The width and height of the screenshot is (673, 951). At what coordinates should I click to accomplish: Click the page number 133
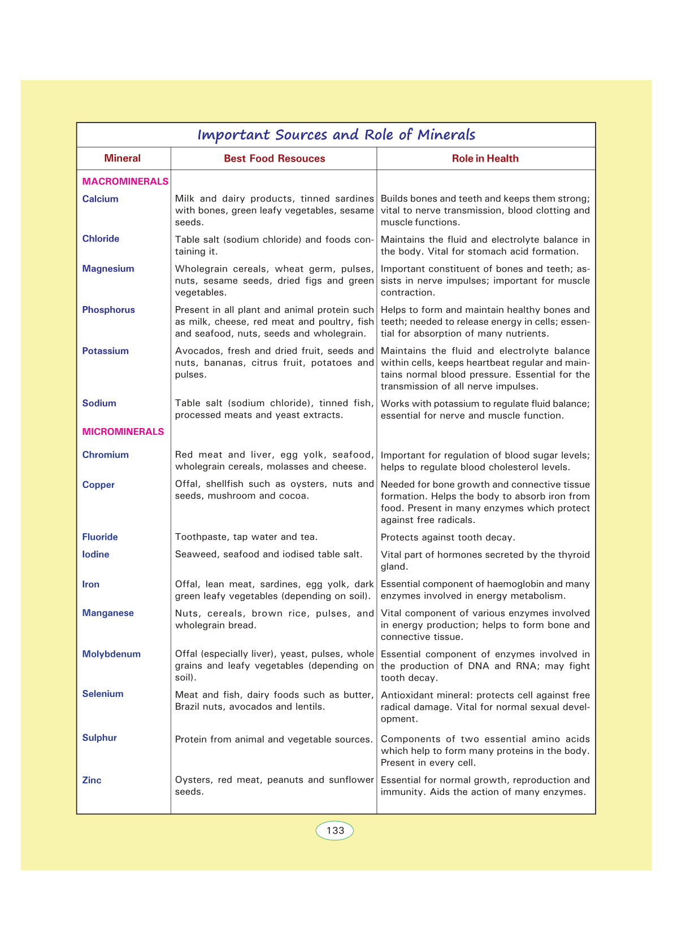(x=335, y=830)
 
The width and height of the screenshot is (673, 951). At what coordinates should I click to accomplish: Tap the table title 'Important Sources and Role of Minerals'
(x=336, y=135)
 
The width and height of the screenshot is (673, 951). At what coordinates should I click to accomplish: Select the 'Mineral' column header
(x=122, y=158)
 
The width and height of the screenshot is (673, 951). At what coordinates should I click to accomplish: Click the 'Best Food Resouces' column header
(x=274, y=159)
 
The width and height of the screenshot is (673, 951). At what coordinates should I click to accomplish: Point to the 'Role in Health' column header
(x=485, y=159)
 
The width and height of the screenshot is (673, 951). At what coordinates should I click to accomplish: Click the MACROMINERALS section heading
(x=125, y=181)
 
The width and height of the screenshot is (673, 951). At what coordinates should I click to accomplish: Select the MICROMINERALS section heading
(x=123, y=431)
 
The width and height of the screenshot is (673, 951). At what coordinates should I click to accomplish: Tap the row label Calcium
(x=100, y=199)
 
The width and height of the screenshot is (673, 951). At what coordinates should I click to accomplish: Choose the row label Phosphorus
(x=108, y=309)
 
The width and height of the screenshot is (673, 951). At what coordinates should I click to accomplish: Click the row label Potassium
(x=105, y=351)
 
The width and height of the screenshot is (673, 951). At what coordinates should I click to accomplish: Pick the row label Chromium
(x=105, y=455)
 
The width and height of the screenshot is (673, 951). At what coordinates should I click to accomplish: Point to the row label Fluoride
(x=100, y=536)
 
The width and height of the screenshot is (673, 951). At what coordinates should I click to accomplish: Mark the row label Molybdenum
(x=111, y=654)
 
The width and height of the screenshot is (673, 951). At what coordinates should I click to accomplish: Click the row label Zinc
(x=92, y=780)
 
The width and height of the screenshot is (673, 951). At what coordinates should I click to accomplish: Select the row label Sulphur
(x=99, y=738)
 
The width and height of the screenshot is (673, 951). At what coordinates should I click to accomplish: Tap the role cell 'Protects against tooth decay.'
(x=448, y=537)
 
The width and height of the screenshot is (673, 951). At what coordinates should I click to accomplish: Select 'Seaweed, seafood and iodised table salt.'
(x=269, y=554)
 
